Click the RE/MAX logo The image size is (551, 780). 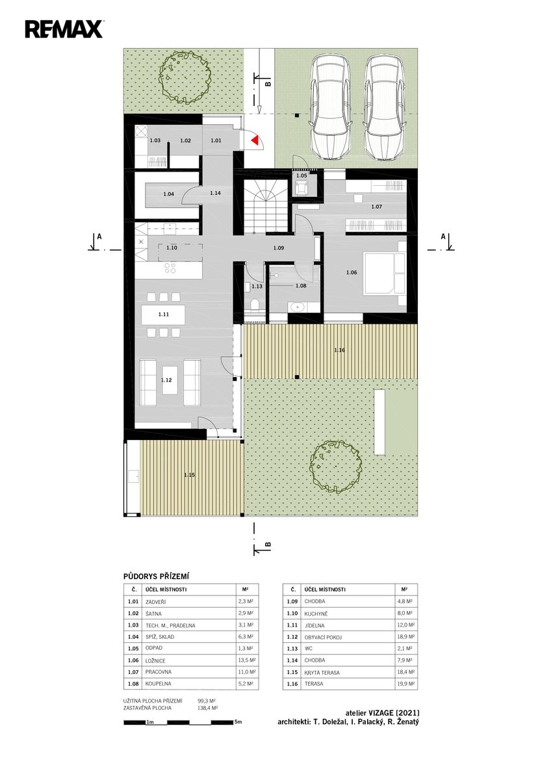coord(64,29)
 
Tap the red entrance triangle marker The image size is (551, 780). coord(255,140)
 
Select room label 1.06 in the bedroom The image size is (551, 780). coord(352,272)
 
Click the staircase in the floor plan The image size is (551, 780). coord(266,206)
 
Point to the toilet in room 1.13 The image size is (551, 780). coord(255,305)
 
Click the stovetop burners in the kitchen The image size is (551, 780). coord(170,268)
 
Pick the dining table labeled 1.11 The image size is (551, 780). coord(163,315)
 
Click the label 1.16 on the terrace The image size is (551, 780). coord(339,350)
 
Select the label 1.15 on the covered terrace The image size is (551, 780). coord(189,474)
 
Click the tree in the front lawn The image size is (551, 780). coord(186,77)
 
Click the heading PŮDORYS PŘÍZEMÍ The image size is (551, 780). coord(157,577)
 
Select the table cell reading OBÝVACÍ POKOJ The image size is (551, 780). coord(323,637)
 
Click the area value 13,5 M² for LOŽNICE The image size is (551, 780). coord(248,660)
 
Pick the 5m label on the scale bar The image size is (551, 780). coord(238,722)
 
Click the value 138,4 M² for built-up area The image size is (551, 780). coord(208,708)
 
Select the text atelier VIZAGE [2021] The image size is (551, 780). coord(382,713)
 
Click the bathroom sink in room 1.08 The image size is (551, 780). coord(297,307)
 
